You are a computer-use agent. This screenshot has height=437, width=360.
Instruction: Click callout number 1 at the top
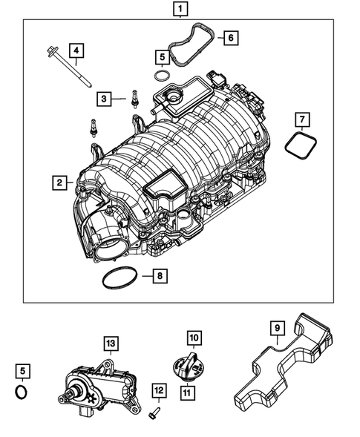point(179,10)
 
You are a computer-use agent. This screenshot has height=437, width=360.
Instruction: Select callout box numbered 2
point(58,181)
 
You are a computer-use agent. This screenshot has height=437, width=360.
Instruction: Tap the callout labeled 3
point(105,98)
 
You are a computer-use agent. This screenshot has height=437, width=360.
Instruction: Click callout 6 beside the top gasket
point(229,36)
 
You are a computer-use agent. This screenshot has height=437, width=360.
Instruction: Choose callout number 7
point(302,119)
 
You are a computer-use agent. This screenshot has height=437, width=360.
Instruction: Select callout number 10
point(194,338)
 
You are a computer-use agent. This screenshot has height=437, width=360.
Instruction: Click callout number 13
point(110,343)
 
